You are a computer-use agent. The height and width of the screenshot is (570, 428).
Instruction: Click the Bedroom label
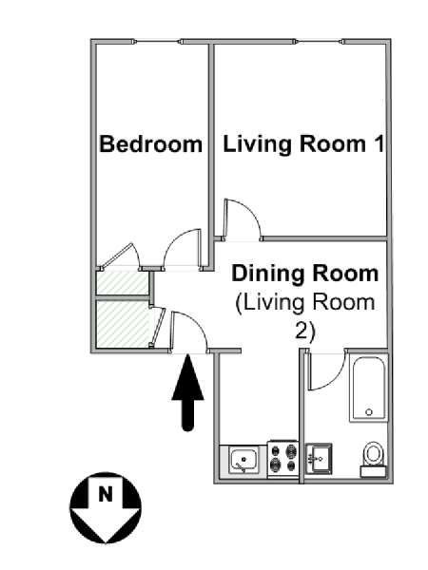(150, 144)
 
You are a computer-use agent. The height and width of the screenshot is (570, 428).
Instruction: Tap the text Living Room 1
(303, 144)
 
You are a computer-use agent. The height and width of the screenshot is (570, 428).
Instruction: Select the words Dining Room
(305, 274)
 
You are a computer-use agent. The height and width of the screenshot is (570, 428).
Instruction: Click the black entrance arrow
(187, 393)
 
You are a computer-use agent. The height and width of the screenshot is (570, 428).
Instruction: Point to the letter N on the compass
(106, 494)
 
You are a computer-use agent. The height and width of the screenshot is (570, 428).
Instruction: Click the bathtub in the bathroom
(368, 389)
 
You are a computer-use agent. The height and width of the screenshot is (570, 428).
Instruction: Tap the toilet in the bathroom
(373, 459)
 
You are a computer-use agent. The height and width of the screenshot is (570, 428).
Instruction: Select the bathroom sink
(319, 458)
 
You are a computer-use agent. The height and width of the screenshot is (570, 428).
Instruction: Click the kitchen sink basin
(243, 461)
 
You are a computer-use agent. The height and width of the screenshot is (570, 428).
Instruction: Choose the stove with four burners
(283, 459)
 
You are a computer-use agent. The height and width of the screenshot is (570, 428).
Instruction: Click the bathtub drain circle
(369, 412)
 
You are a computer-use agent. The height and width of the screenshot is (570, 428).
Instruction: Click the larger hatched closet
(123, 324)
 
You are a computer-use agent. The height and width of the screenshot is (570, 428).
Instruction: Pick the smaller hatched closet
(123, 283)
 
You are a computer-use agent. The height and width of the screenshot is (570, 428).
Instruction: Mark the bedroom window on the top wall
(158, 42)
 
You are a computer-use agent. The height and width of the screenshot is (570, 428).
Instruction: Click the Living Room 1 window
(320, 42)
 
